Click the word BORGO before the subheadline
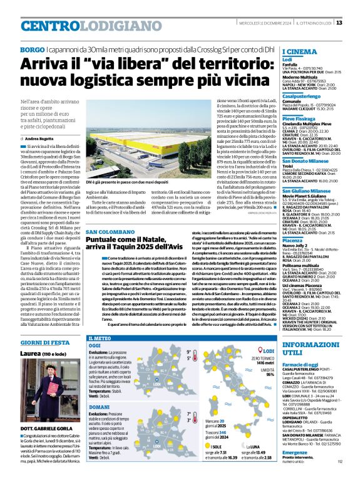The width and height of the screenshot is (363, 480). tap(32, 49)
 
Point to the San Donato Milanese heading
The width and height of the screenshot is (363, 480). tap(307, 162)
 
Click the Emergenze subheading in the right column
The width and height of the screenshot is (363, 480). tap(295, 468)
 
